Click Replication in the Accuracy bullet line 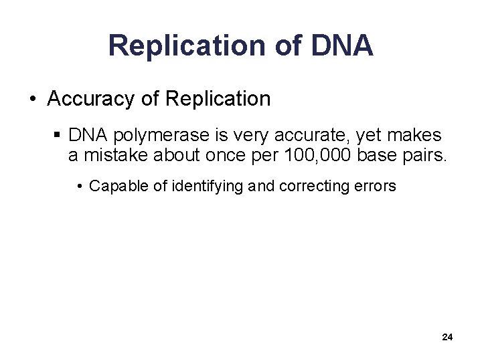click(x=218, y=99)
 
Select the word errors click(x=376, y=186)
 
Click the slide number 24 click(x=447, y=338)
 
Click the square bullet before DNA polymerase click(x=58, y=136)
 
